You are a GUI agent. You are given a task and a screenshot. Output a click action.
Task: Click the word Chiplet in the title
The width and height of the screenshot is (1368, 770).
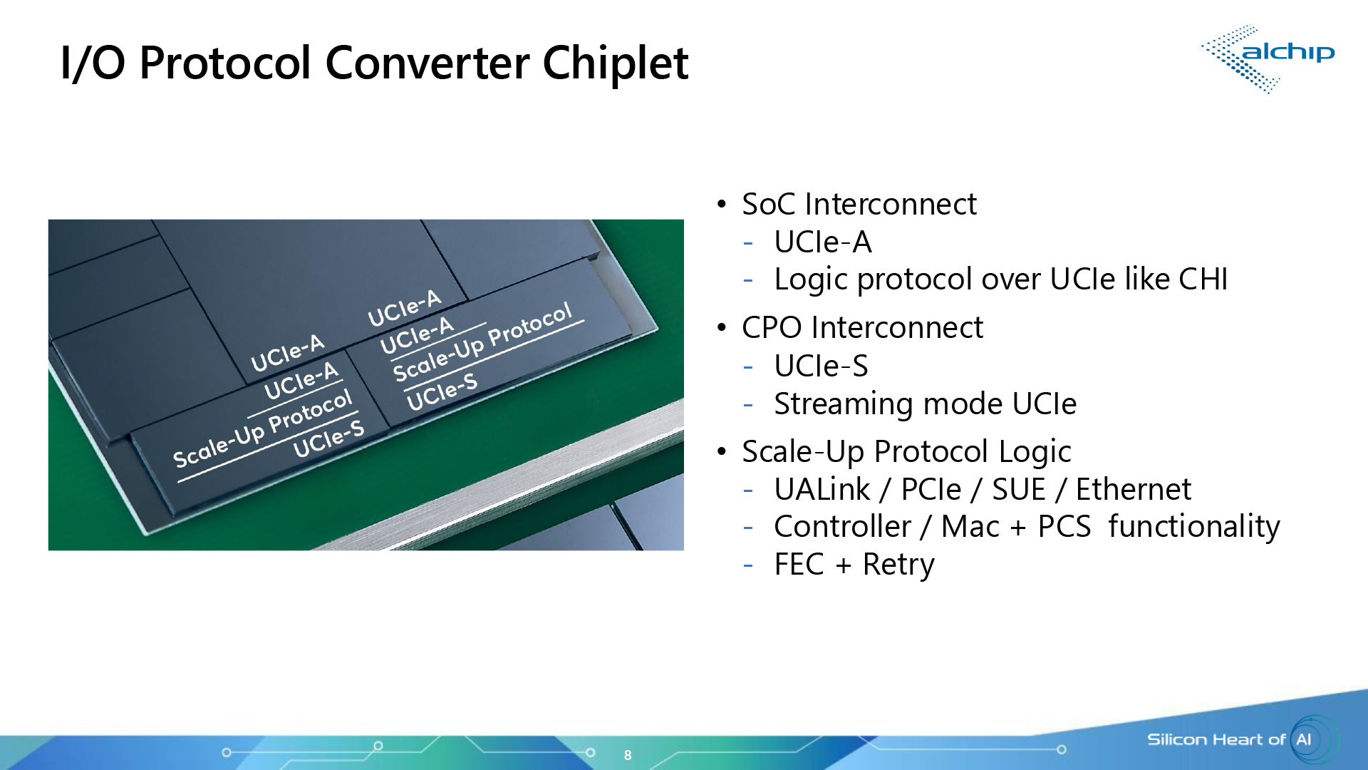[615, 63]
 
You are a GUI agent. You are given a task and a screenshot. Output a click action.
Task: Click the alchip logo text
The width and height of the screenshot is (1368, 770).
[1287, 52]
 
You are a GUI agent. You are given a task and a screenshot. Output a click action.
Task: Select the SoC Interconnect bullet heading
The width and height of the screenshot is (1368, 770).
[859, 205]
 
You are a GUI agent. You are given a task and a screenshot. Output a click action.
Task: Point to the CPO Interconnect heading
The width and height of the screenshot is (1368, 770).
[862, 328]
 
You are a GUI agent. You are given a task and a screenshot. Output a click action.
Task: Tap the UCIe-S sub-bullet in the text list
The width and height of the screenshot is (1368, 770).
[821, 366]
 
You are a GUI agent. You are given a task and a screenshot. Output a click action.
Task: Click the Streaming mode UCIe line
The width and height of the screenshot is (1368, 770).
[925, 404]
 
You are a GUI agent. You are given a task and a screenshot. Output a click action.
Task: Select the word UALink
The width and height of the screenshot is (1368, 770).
[822, 490]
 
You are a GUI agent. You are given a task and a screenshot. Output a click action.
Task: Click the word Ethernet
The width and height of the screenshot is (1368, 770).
[1133, 490]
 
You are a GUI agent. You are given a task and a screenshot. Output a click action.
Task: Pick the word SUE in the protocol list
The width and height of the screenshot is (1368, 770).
[1019, 490]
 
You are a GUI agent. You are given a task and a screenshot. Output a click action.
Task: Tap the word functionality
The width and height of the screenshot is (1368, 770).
[1193, 527]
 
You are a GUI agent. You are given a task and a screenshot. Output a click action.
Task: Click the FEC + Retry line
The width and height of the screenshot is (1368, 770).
[854, 565]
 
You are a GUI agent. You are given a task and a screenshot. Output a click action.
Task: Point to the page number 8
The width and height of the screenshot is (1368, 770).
[628, 755]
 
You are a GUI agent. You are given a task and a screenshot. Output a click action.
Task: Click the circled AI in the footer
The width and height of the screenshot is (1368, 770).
[1304, 739]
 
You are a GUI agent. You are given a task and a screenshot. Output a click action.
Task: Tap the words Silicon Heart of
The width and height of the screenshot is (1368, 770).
[1216, 739]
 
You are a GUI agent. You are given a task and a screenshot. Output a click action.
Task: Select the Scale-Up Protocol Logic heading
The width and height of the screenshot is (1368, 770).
[906, 452]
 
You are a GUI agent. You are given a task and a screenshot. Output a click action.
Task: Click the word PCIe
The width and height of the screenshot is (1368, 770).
[931, 490]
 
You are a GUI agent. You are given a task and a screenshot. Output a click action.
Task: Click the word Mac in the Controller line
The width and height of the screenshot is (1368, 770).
[970, 527]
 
